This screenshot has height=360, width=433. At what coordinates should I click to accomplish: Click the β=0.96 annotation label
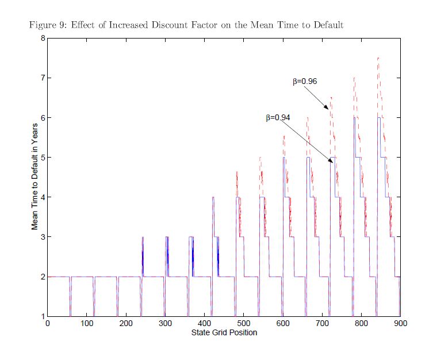click(x=305, y=82)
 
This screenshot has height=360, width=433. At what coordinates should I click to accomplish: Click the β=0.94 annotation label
click(x=278, y=118)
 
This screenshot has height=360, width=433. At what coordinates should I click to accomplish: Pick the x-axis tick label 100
click(x=87, y=324)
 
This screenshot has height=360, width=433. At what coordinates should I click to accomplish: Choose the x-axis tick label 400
click(x=204, y=324)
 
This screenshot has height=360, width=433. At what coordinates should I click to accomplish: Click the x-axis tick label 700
click(x=322, y=324)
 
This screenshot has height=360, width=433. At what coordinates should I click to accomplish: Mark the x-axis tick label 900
click(x=400, y=324)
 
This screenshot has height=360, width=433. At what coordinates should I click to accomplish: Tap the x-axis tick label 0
click(x=48, y=324)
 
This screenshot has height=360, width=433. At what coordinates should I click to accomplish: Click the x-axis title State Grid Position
click(x=224, y=332)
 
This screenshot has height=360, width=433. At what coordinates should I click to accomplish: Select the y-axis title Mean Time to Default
click(x=35, y=176)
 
